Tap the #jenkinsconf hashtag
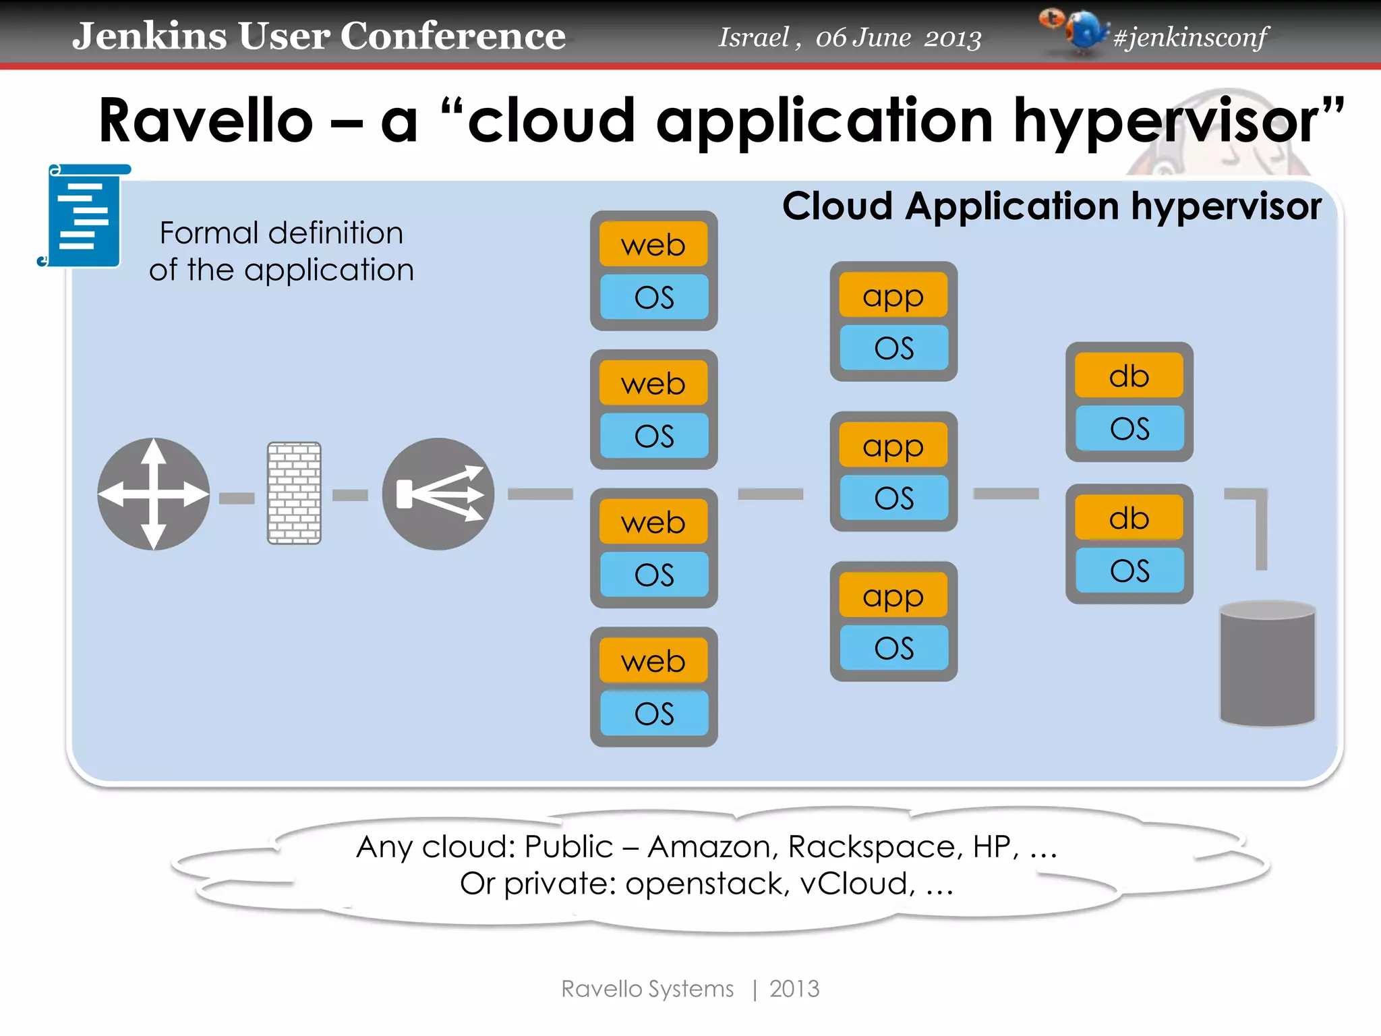pyautogui.click(x=1190, y=36)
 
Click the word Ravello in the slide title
pyautogui.click(x=206, y=121)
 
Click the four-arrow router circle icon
pyautogui.click(x=154, y=494)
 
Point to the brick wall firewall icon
pyautogui.click(x=294, y=493)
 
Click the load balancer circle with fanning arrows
pyautogui.click(x=438, y=494)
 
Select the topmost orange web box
pyautogui.click(x=653, y=245)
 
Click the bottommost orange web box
pyautogui.click(x=653, y=661)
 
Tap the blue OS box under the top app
pyautogui.click(x=893, y=348)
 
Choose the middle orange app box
pyautogui.click(x=893, y=446)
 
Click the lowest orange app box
pyautogui.click(x=893, y=596)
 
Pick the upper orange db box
pyautogui.click(x=1129, y=376)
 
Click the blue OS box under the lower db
pyautogui.click(x=1129, y=571)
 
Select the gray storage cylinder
pyautogui.click(x=1267, y=664)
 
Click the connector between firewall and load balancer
pyautogui.click(x=351, y=495)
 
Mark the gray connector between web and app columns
pyautogui.click(x=770, y=494)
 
